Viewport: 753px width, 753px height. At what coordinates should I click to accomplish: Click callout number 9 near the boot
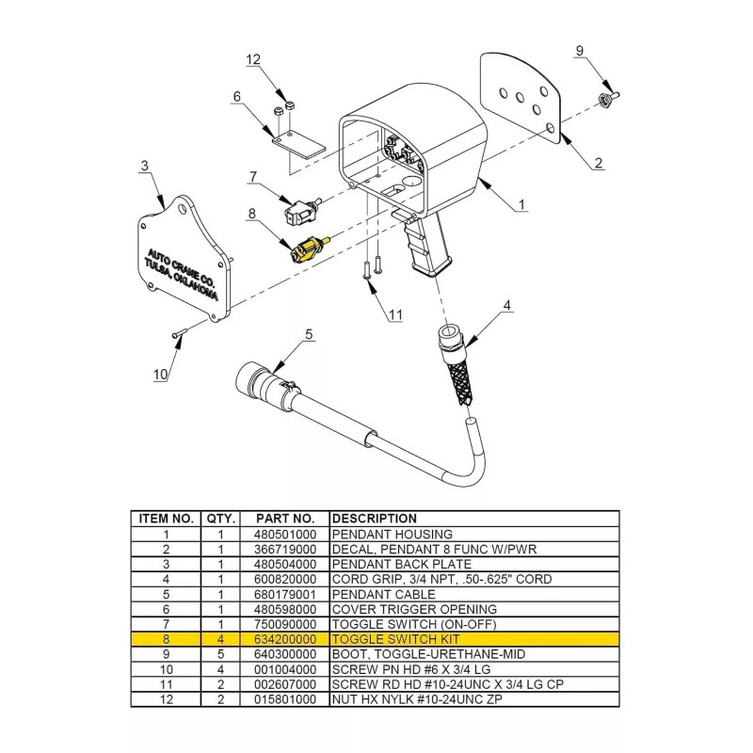point(580,51)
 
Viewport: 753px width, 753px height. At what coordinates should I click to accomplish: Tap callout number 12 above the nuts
point(253,59)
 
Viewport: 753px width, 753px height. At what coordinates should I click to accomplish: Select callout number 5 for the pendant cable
point(309,334)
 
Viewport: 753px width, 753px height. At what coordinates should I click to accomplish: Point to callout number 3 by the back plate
point(145,167)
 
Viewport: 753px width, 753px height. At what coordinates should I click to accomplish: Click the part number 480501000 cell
point(285,534)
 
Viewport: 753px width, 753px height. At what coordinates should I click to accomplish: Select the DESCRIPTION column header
point(375,519)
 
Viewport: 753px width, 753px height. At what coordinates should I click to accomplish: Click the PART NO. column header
point(285,519)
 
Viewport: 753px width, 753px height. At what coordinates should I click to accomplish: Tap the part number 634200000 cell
point(285,639)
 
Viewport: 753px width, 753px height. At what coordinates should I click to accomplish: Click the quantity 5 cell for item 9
point(220,654)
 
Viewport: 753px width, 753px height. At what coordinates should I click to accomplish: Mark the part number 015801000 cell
point(285,699)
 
